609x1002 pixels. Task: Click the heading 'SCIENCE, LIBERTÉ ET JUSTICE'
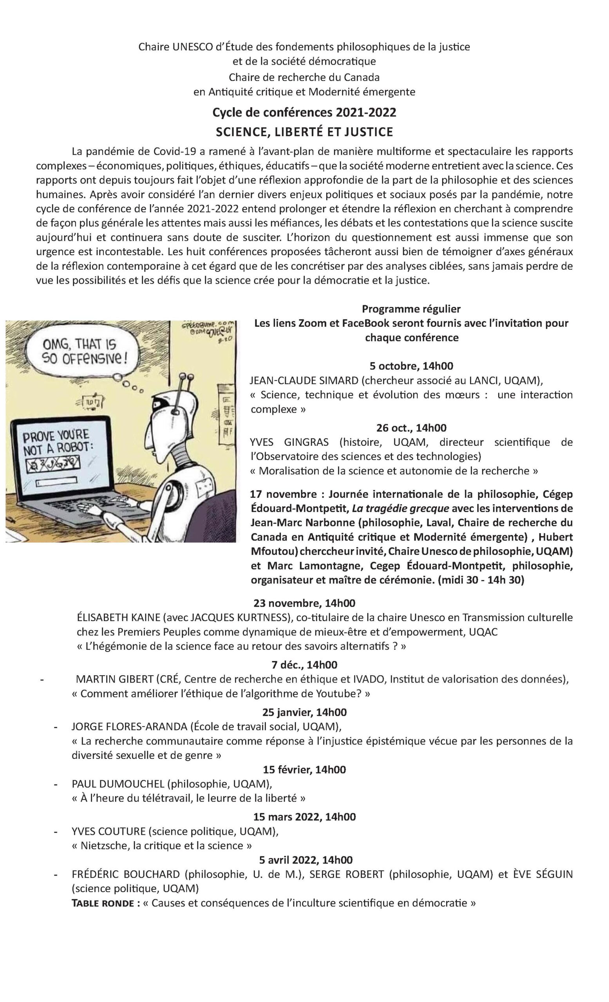[x=304, y=132]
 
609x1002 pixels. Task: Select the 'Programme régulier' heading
[x=411, y=309]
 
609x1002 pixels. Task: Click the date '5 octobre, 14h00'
[x=411, y=366]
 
